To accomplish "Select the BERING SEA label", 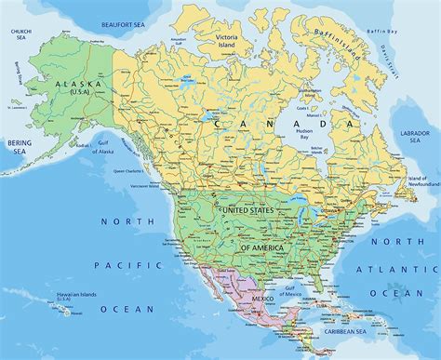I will [x=20, y=147].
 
